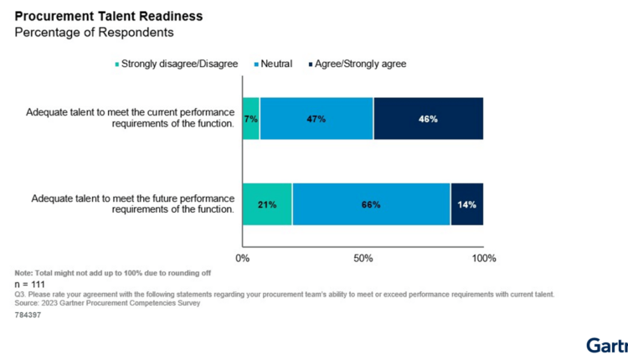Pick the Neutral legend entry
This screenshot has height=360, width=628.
pyautogui.click(x=272, y=64)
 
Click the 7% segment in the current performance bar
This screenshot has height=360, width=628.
pyautogui.click(x=250, y=119)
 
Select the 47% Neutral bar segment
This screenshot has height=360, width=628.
pyautogui.click(x=316, y=119)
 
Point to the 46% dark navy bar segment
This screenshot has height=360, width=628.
pyautogui.click(x=428, y=119)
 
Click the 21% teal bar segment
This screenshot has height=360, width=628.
pyautogui.click(x=267, y=204)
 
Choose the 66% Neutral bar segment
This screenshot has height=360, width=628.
pyautogui.click(x=371, y=204)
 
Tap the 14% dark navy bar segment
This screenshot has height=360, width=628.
pyautogui.click(x=466, y=204)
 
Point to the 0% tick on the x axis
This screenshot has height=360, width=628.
pyautogui.click(x=243, y=258)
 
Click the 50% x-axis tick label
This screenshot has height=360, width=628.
pyautogui.click(x=363, y=258)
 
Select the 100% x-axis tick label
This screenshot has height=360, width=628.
pyautogui.click(x=483, y=258)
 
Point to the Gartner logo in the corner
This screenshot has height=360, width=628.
pyautogui.click(x=607, y=345)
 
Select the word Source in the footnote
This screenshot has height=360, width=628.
pyautogui.click(x=27, y=302)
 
